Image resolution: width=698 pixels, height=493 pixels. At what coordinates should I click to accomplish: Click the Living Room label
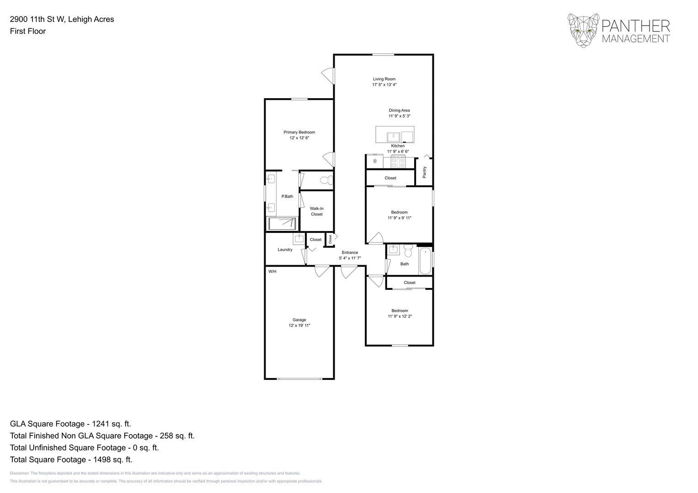(384, 79)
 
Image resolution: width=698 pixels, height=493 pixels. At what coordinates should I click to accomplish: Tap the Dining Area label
(399, 110)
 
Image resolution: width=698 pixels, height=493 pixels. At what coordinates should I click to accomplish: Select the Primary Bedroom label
(299, 132)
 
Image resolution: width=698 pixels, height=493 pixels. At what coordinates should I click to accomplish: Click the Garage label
(299, 320)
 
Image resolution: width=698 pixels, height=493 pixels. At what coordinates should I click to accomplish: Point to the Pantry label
(425, 172)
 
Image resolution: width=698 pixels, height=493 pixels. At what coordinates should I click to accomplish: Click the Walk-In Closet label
(317, 211)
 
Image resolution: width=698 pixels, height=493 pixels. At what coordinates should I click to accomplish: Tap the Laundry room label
(285, 250)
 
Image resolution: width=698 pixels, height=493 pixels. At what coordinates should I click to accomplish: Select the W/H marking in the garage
(272, 272)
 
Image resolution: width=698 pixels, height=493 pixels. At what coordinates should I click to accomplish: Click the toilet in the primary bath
(326, 180)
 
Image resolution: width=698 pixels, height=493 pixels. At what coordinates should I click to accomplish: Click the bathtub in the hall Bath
(425, 261)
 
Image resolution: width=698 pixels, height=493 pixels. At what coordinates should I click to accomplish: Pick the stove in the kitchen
(399, 161)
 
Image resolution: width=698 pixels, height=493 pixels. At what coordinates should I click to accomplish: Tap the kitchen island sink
(393, 137)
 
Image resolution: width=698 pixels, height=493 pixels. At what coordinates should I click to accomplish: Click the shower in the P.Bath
(282, 224)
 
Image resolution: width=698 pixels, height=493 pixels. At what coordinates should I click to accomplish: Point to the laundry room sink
(299, 239)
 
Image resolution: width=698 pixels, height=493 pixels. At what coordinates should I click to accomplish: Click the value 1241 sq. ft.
(112, 424)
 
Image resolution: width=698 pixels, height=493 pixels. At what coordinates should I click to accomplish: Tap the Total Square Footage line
(71, 460)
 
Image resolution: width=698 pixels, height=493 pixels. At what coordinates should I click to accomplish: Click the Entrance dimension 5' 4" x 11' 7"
(350, 258)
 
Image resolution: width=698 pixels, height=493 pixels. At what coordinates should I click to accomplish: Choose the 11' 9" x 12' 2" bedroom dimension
(400, 316)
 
